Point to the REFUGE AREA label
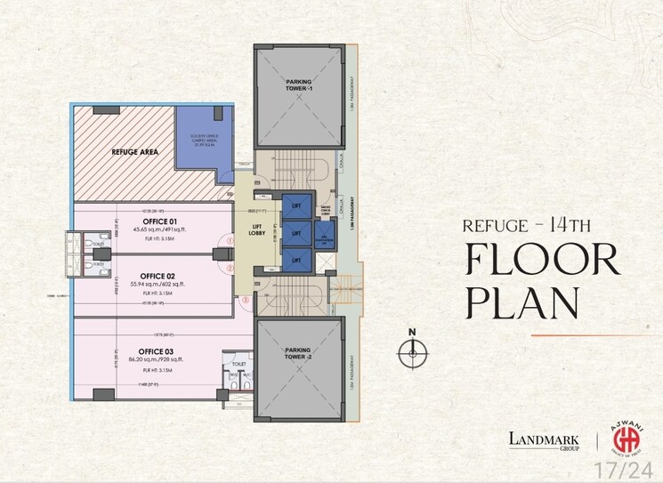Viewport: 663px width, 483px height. point(135,152)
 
